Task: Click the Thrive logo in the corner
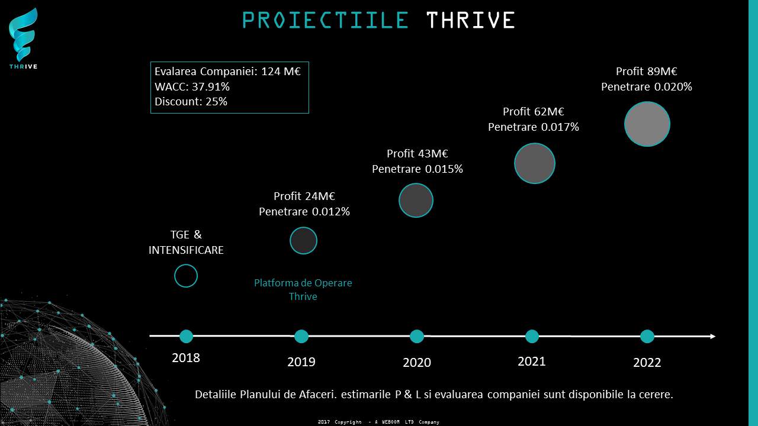click(x=23, y=38)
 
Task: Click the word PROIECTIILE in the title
click(x=326, y=20)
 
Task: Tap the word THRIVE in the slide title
click(x=471, y=20)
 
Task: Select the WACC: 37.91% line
click(x=192, y=86)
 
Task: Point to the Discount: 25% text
click(x=191, y=101)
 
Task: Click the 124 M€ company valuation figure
click(x=281, y=72)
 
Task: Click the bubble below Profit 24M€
click(x=304, y=240)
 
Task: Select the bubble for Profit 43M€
click(x=416, y=200)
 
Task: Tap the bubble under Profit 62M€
click(x=535, y=163)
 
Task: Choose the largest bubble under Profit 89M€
click(x=647, y=124)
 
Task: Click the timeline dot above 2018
click(x=186, y=337)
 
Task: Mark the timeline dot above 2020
click(x=416, y=337)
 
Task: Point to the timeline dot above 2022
click(x=647, y=337)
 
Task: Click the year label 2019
click(x=301, y=362)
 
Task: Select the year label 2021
click(x=532, y=362)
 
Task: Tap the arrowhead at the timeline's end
click(x=713, y=337)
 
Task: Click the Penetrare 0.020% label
click(x=646, y=87)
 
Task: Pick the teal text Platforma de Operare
click(x=303, y=283)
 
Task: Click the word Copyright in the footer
click(x=348, y=422)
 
